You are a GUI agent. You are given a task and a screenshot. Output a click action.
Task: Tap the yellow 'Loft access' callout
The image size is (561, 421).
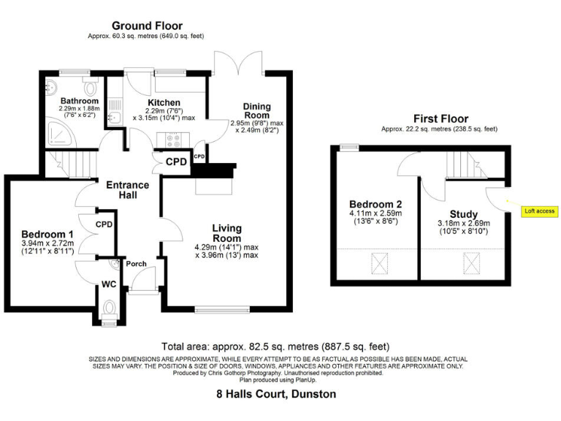point(539,211)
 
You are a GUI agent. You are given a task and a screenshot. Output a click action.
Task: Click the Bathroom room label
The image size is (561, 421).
point(79,101)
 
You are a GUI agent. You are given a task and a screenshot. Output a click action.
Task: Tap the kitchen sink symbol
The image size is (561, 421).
point(112,117)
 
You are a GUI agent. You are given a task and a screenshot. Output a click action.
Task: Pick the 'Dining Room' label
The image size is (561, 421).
point(256,110)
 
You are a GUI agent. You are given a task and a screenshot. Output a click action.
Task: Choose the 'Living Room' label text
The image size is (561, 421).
point(226,233)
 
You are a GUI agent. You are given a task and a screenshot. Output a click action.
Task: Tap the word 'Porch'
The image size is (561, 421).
point(137,264)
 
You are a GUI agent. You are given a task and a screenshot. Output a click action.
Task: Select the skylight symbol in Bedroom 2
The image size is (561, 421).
point(381,261)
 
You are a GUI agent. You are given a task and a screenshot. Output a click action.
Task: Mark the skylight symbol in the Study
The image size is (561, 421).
point(467,262)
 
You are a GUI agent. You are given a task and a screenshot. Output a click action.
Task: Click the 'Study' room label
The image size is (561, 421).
point(464,214)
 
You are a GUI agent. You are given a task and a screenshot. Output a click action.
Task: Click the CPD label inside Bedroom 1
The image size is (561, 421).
point(104,224)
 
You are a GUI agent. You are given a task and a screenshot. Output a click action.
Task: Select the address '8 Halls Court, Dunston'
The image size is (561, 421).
point(277,394)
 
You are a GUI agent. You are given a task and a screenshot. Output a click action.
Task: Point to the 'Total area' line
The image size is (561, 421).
point(275,346)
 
